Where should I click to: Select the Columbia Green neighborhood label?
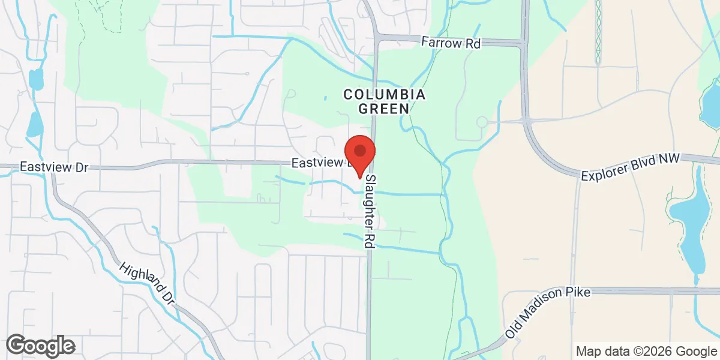pyautogui.click(x=384, y=101)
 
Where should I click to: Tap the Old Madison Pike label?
pyautogui.click(x=547, y=313)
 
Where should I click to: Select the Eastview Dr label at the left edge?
pyautogui.click(x=53, y=167)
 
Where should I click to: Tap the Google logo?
pyautogui.click(x=40, y=346)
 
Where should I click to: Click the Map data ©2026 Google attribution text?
pyautogui.click(x=646, y=351)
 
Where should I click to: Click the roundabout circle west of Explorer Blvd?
pyautogui.click(x=481, y=122)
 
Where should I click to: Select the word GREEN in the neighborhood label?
pyautogui.click(x=384, y=109)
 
